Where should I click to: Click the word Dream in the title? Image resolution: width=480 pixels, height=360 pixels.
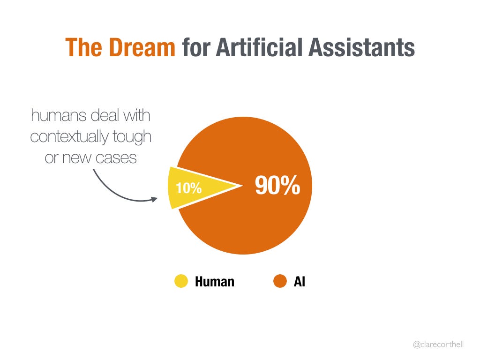(x=142, y=47)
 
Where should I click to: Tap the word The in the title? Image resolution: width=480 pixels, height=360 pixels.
(x=83, y=47)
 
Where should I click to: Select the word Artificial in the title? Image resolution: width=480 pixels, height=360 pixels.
(x=259, y=47)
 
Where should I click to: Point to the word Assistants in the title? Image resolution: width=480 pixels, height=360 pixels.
(x=361, y=47)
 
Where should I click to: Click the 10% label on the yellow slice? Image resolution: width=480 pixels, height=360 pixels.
(x=188, y=188)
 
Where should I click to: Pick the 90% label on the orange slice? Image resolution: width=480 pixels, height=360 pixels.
(x=277, y=185)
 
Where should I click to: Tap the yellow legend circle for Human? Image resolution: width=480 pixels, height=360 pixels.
(x=181, y=281)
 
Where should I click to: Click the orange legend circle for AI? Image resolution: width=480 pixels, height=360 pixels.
(x=280, y=281)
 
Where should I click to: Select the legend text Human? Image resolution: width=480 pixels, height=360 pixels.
(x=215, y=282)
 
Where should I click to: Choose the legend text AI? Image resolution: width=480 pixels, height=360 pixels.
(x=300, y=282)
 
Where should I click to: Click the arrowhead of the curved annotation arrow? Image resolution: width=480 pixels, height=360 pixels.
(x=155, y=199)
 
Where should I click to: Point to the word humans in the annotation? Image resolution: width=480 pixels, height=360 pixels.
(x=59, y=116)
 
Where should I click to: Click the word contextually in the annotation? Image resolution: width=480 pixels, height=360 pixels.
(x=69, y=137)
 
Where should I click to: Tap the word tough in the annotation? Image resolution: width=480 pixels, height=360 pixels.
(x=132, y=137)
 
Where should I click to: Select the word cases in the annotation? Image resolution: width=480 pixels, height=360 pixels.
(x=116, y=158)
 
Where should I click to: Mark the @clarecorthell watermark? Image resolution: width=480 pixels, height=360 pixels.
(x=438, y=345)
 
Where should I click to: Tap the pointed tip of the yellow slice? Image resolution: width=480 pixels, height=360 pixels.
(x=242, y=185)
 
